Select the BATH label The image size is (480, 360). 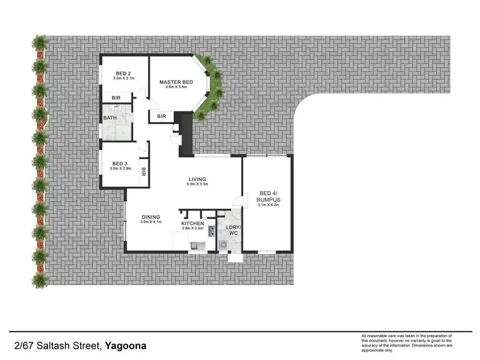(109, 118)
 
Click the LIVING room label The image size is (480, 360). (196, 179)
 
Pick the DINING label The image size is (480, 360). (151, 217)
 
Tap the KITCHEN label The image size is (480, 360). (192, 223)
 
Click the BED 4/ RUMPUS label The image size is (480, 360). (268, 196)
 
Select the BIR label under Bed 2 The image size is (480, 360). (116, 98)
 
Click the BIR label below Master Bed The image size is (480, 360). (161, 116)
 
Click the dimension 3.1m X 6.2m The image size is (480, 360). (268, 206)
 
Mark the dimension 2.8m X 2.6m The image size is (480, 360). (192, 228)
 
